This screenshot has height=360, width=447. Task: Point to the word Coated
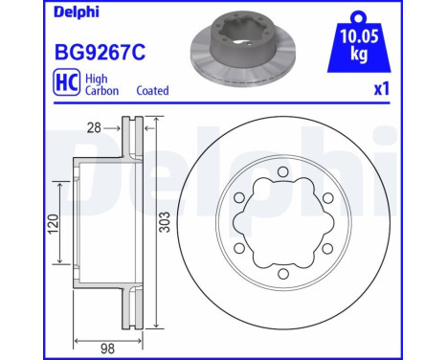(x=150, y=91)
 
